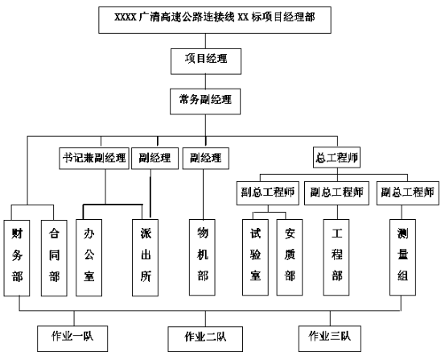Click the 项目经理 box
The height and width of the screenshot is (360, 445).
(x=206, y=61)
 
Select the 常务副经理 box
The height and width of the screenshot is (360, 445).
(x=205, y=101)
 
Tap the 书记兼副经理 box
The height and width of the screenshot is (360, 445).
(x=94, y=159)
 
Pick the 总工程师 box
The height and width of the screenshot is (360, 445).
(x=336, y=157)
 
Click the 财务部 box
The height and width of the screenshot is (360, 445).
(x=17, y=258)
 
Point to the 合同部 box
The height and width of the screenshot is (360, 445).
(x=54, y=258)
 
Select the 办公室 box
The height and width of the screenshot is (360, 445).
(x=89, y=258)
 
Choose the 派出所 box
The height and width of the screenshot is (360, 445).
(x=146, y=258)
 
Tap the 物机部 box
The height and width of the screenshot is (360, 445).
(x=202, y=257)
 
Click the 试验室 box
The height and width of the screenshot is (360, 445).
(x=255, y=257)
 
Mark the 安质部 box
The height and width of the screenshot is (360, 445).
(x=290, y=257)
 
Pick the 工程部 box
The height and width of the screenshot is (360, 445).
(x=336, y=257)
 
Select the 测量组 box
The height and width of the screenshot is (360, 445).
(x=402, y=257)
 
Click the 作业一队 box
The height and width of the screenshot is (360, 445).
(x=72, y=339)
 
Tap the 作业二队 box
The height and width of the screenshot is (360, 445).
(x=205, y=339)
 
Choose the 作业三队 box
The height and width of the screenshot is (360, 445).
(x=330, y=339)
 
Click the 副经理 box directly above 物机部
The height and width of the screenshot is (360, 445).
(x=206, y=159)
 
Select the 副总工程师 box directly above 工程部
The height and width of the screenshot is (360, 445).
(x=336, y=193)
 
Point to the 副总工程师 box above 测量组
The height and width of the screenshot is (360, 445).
(x=408, y=193)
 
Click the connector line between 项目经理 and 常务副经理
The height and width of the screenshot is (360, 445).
(x=205, y=81)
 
